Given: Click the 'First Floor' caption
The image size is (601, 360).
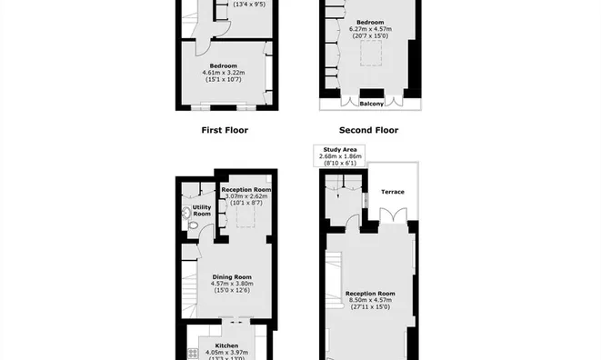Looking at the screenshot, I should pyautogui.click(x=224, y=130).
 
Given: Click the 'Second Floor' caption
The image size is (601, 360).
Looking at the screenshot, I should pyautogui.click(x=368, y=130).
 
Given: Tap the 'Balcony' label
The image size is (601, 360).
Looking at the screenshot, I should pyautogui.click(x=369, y=104).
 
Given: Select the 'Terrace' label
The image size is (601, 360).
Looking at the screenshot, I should pyautogui.click(x=392, y=192).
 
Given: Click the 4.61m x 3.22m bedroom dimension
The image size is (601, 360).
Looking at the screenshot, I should pyautogui.click(x=224, y=74).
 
